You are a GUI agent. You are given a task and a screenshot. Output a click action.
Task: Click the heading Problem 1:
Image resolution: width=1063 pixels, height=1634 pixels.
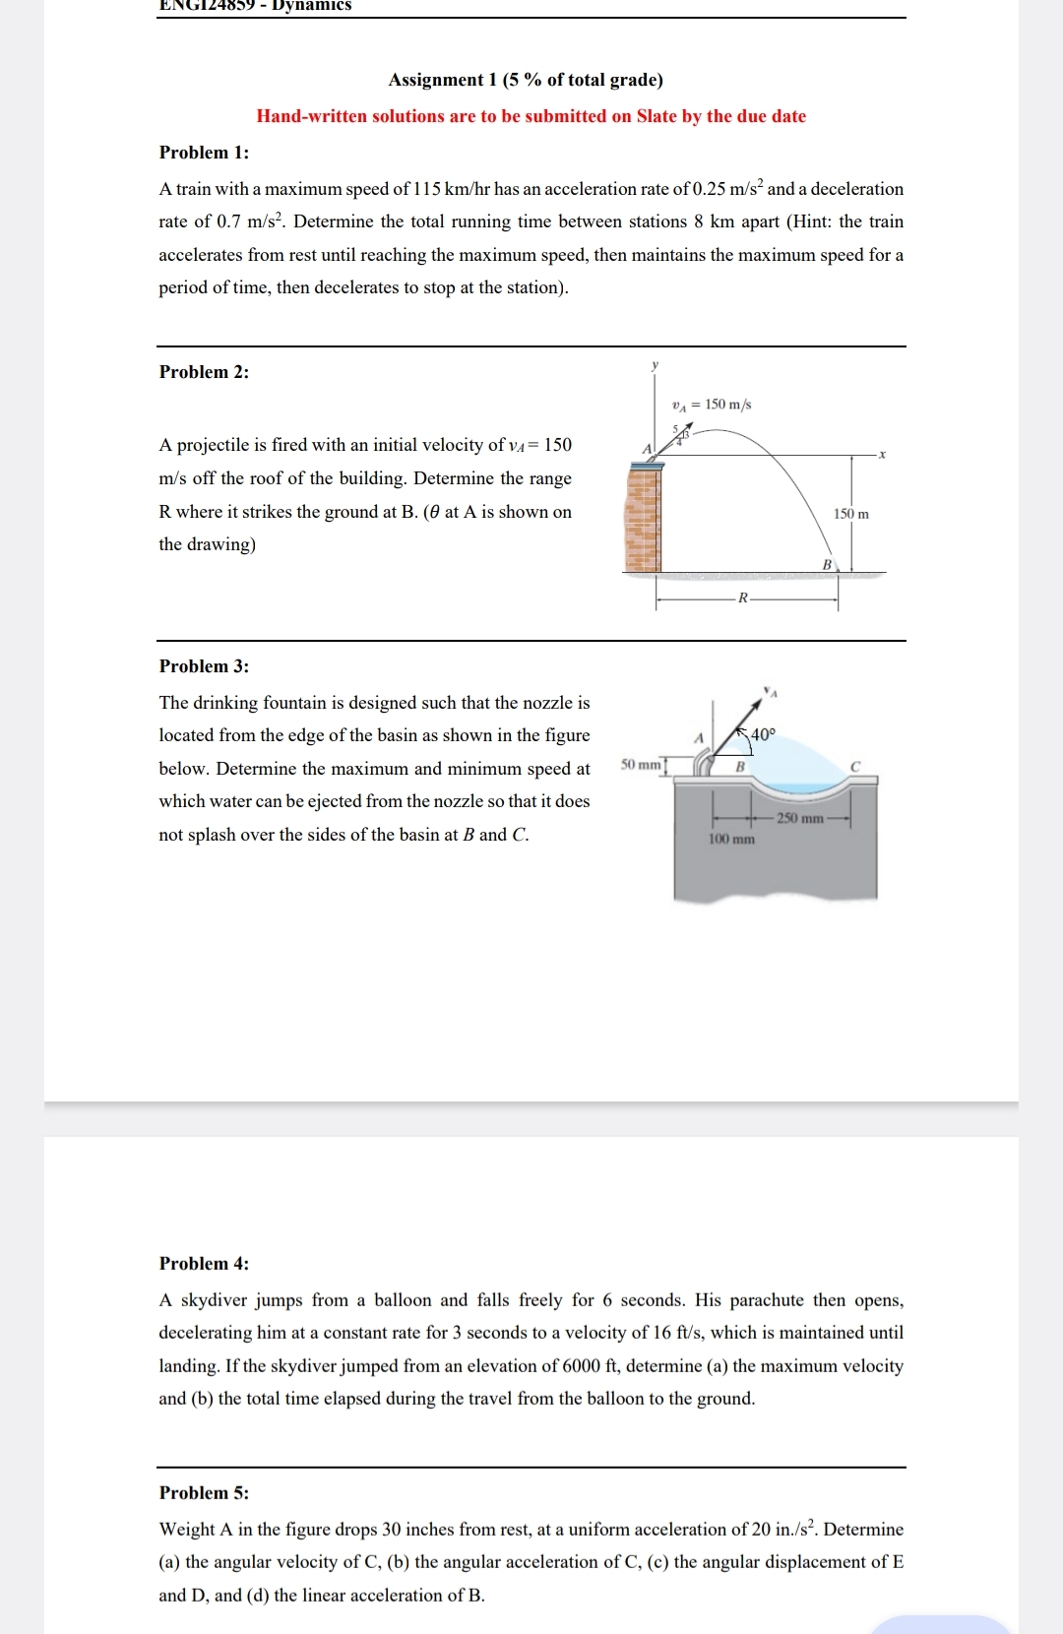click(x=204, y=153)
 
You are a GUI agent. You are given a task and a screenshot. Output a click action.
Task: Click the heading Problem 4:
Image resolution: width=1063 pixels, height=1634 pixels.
click(x=204, y=1264)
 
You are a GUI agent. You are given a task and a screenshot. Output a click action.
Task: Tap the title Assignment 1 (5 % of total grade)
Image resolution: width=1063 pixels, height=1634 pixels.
click(x=526, y=80)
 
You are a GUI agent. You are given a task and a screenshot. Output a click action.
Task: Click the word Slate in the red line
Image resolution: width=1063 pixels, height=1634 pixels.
click(x=656, y=116)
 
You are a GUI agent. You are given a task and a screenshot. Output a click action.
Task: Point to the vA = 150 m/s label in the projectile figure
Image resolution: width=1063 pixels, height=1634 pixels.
click(x=711, y=405)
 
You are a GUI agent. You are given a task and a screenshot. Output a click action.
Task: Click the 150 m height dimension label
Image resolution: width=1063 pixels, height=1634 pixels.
click(x=850, y=514)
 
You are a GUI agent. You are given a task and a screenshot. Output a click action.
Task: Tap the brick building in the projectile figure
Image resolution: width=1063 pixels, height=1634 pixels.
click(x=643, y=517)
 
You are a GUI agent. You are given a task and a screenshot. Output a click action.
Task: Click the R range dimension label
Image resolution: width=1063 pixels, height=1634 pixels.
click(x=743, y=597)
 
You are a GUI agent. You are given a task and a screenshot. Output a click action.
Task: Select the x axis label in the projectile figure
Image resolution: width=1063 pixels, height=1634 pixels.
click(x=882, y=455)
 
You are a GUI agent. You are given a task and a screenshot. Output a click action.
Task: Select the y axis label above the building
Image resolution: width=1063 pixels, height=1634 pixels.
click(x=655, y=365)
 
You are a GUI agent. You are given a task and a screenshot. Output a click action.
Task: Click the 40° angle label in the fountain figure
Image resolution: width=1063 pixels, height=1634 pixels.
click(x=763, y=734)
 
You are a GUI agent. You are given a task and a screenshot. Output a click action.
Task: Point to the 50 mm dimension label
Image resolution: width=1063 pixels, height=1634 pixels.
click(x=641, y=765)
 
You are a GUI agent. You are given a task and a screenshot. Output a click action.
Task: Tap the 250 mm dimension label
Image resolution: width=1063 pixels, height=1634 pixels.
click(x=799, y=819)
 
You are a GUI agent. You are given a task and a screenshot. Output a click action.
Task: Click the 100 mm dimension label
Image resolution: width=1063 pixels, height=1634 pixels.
click(x=731, y=840)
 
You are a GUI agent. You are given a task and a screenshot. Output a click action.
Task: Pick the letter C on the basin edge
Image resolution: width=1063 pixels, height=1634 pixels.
click(x=854, y=766)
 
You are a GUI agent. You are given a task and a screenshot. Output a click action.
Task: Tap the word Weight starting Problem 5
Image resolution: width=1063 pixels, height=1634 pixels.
click(x=186, y=1530)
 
